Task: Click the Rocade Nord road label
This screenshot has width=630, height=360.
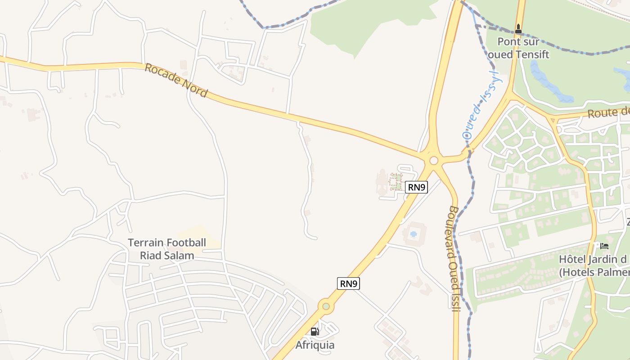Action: click(x=176, y=81)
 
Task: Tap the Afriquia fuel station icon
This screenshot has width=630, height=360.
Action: click(x=315, y=332)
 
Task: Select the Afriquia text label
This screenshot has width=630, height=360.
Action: click(x=315, y=345)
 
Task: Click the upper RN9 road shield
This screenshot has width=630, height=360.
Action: click(x=416, y=187)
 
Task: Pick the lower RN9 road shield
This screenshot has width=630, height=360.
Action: click(x=349, y=283)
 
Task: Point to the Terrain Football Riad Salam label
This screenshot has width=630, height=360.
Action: click(x=167, y=249)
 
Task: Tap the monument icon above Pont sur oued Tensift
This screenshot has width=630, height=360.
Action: click(x=518, y=29)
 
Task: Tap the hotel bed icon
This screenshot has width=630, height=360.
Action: click(x=604, y=246)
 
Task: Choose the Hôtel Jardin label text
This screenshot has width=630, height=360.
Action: click(x=593, y=260)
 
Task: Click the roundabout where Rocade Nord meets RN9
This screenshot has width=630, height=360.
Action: click(x=434, y=161)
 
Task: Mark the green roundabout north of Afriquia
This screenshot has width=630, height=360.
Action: click(x=326, y=306)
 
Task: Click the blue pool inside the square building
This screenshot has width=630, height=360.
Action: click(x=413, y=234)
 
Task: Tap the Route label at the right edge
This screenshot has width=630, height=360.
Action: click(x=607, y=112)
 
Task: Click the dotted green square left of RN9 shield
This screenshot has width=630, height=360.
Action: click(x=396, y=181)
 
